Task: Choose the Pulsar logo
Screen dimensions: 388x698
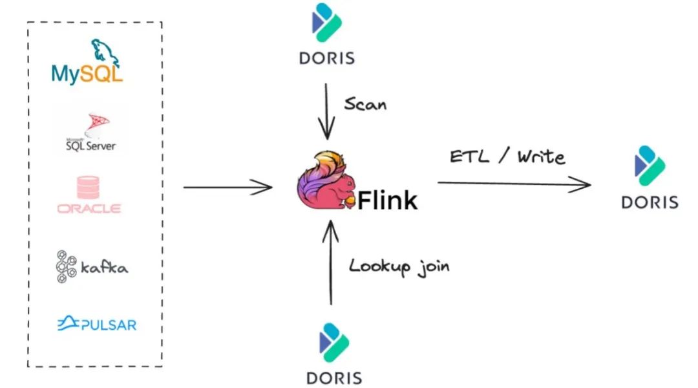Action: click(x=97, y=323)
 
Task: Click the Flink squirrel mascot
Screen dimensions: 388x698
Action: click(x=326, y=184)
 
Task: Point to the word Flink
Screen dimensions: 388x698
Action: click(x=387, y=200)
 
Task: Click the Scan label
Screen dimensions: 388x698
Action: click(x=365, y=104)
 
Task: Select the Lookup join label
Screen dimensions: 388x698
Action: click(x=399, y=266)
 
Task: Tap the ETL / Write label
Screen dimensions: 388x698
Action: click(x=507, y=156)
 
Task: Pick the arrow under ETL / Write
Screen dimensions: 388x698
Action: click(x=514, y=184)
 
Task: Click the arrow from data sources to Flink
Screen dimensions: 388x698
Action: click(x=227, y=188)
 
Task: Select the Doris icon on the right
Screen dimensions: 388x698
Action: click(x=650, y=166)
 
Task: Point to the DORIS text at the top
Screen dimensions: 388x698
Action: click(x=327, y=58)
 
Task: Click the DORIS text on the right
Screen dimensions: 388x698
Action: click(x=650, y=202)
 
